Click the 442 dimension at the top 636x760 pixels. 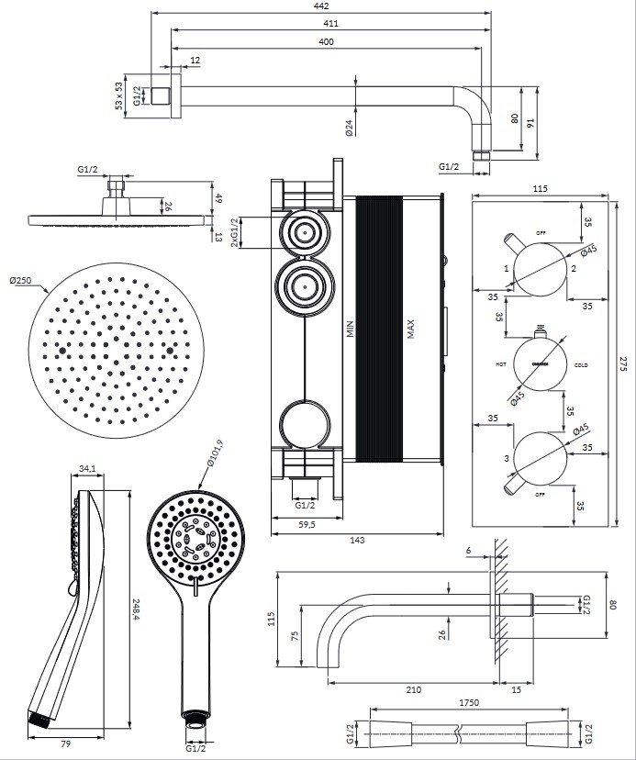pos(320,6)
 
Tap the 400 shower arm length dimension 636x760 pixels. pos(326,42)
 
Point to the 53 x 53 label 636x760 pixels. pos(118,95)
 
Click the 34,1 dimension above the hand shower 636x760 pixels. pos(87,469)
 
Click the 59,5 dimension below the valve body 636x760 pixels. pos(307,525)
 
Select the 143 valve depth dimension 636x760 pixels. pos(357,540)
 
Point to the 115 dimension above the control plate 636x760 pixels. pos(540,188)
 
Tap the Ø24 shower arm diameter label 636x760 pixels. pos(351,128)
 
